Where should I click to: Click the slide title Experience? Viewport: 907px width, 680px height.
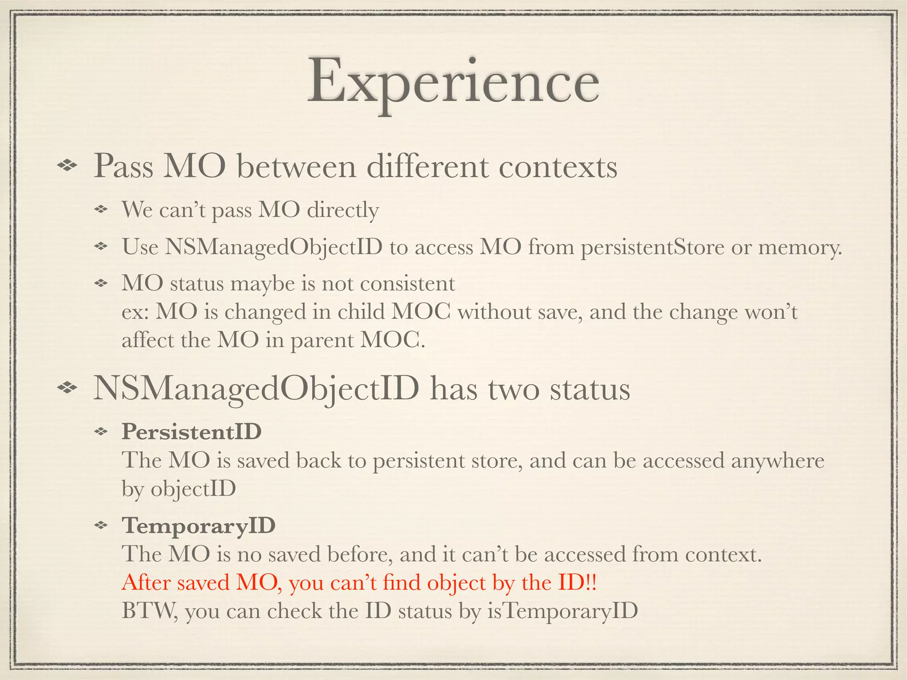(453, 84)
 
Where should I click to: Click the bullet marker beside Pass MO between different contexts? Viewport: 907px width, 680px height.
(67, 166)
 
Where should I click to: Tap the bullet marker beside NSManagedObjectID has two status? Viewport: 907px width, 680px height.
(67, 388)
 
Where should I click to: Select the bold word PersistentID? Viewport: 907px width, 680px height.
(191, 431)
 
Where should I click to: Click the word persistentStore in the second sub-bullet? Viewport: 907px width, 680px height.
(652, 247)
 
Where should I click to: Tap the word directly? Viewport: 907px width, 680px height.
(343, 210)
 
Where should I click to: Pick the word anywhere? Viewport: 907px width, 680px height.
(777, 460)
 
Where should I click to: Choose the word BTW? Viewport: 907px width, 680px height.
(149, 611)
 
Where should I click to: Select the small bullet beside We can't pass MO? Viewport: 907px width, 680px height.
(102, 209)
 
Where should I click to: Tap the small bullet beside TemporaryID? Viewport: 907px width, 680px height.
(102, 525)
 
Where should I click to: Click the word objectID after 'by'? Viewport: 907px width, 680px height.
(193, 489)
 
